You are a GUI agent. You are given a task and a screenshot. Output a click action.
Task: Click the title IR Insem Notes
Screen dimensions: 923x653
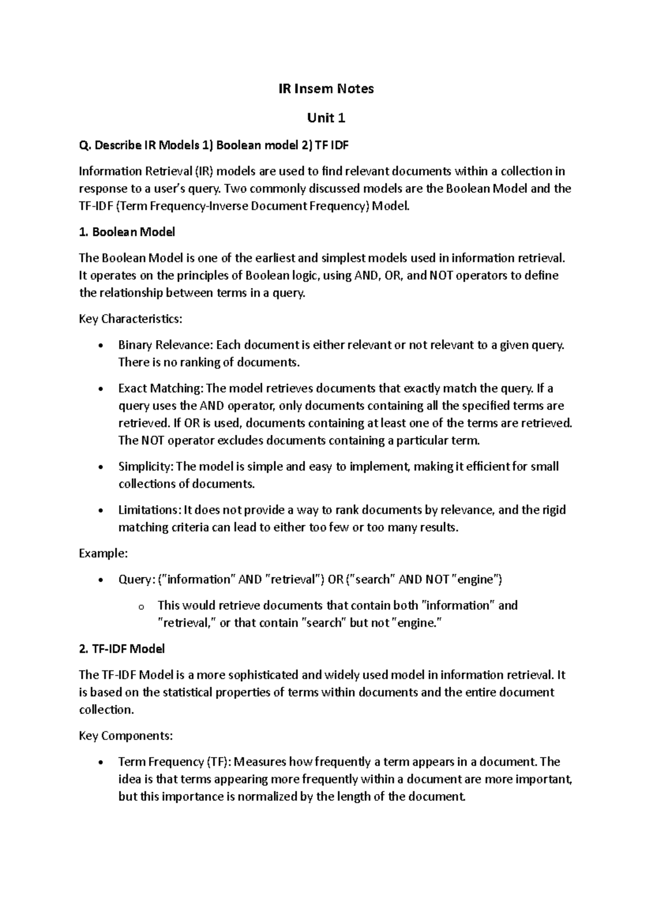click(326, 89)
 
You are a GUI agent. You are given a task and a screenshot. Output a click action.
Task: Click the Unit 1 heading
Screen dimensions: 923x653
click(326, 118)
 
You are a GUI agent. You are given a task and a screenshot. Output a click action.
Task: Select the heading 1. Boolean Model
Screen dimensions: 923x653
click(127, 232)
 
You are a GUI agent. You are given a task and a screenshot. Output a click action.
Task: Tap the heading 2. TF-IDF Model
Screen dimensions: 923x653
click(121, 649)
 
